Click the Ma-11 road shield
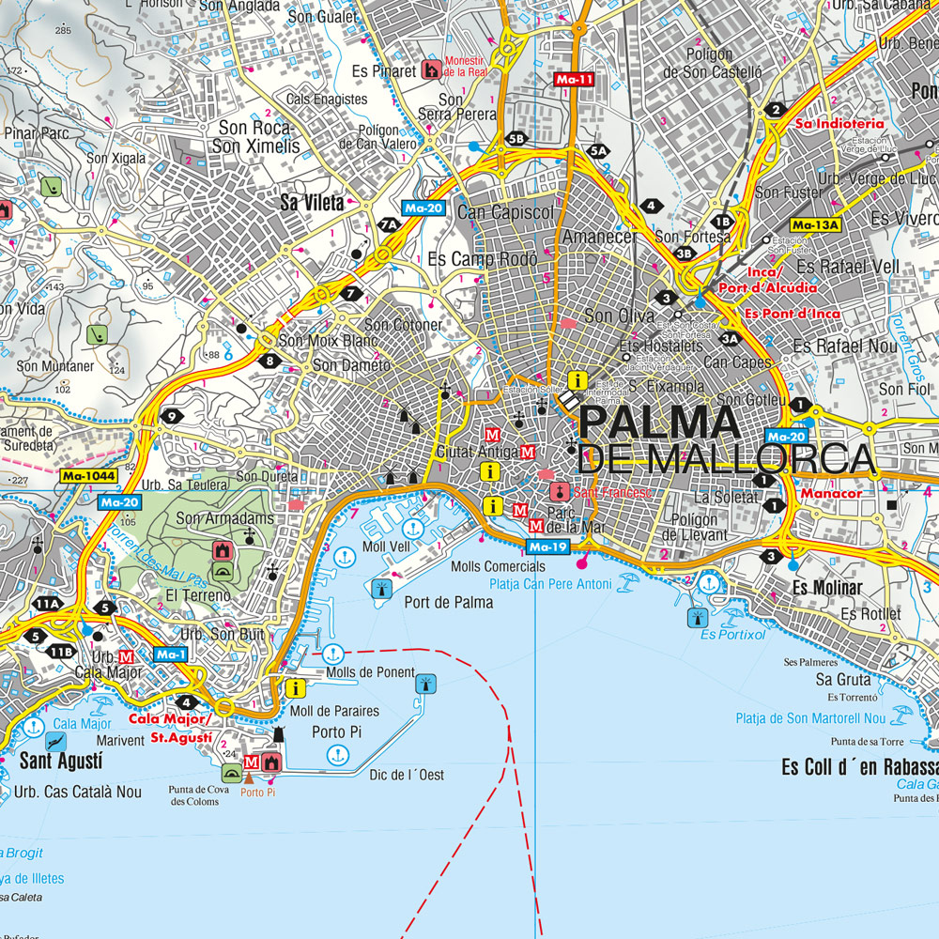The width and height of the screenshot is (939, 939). [x=574, y=80]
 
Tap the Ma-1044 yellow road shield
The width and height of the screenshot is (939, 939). [x=89, y=476]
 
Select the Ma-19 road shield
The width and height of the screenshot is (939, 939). [x=546, y=546]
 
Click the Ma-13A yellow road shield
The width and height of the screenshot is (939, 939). [x=814, y=224]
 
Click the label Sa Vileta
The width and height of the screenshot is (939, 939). [x=312, y=201]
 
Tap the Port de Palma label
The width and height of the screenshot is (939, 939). [x=449, y=603]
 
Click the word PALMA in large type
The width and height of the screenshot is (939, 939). [x=659, y=423]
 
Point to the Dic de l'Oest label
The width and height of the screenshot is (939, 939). [x=407, y=775]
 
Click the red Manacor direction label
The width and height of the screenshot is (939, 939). [x=831, y=493]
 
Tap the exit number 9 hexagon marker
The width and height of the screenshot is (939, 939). [x=171, y=416]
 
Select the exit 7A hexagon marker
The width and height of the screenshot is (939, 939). [x=388, y=224]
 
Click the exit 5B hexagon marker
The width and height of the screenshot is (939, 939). [x=516, y=139]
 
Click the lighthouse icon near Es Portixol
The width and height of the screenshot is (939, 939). [x=697, y=617]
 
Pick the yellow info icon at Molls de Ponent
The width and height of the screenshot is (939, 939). [x=296, y=688]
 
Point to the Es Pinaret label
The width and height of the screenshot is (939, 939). [x=384, y=70]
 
